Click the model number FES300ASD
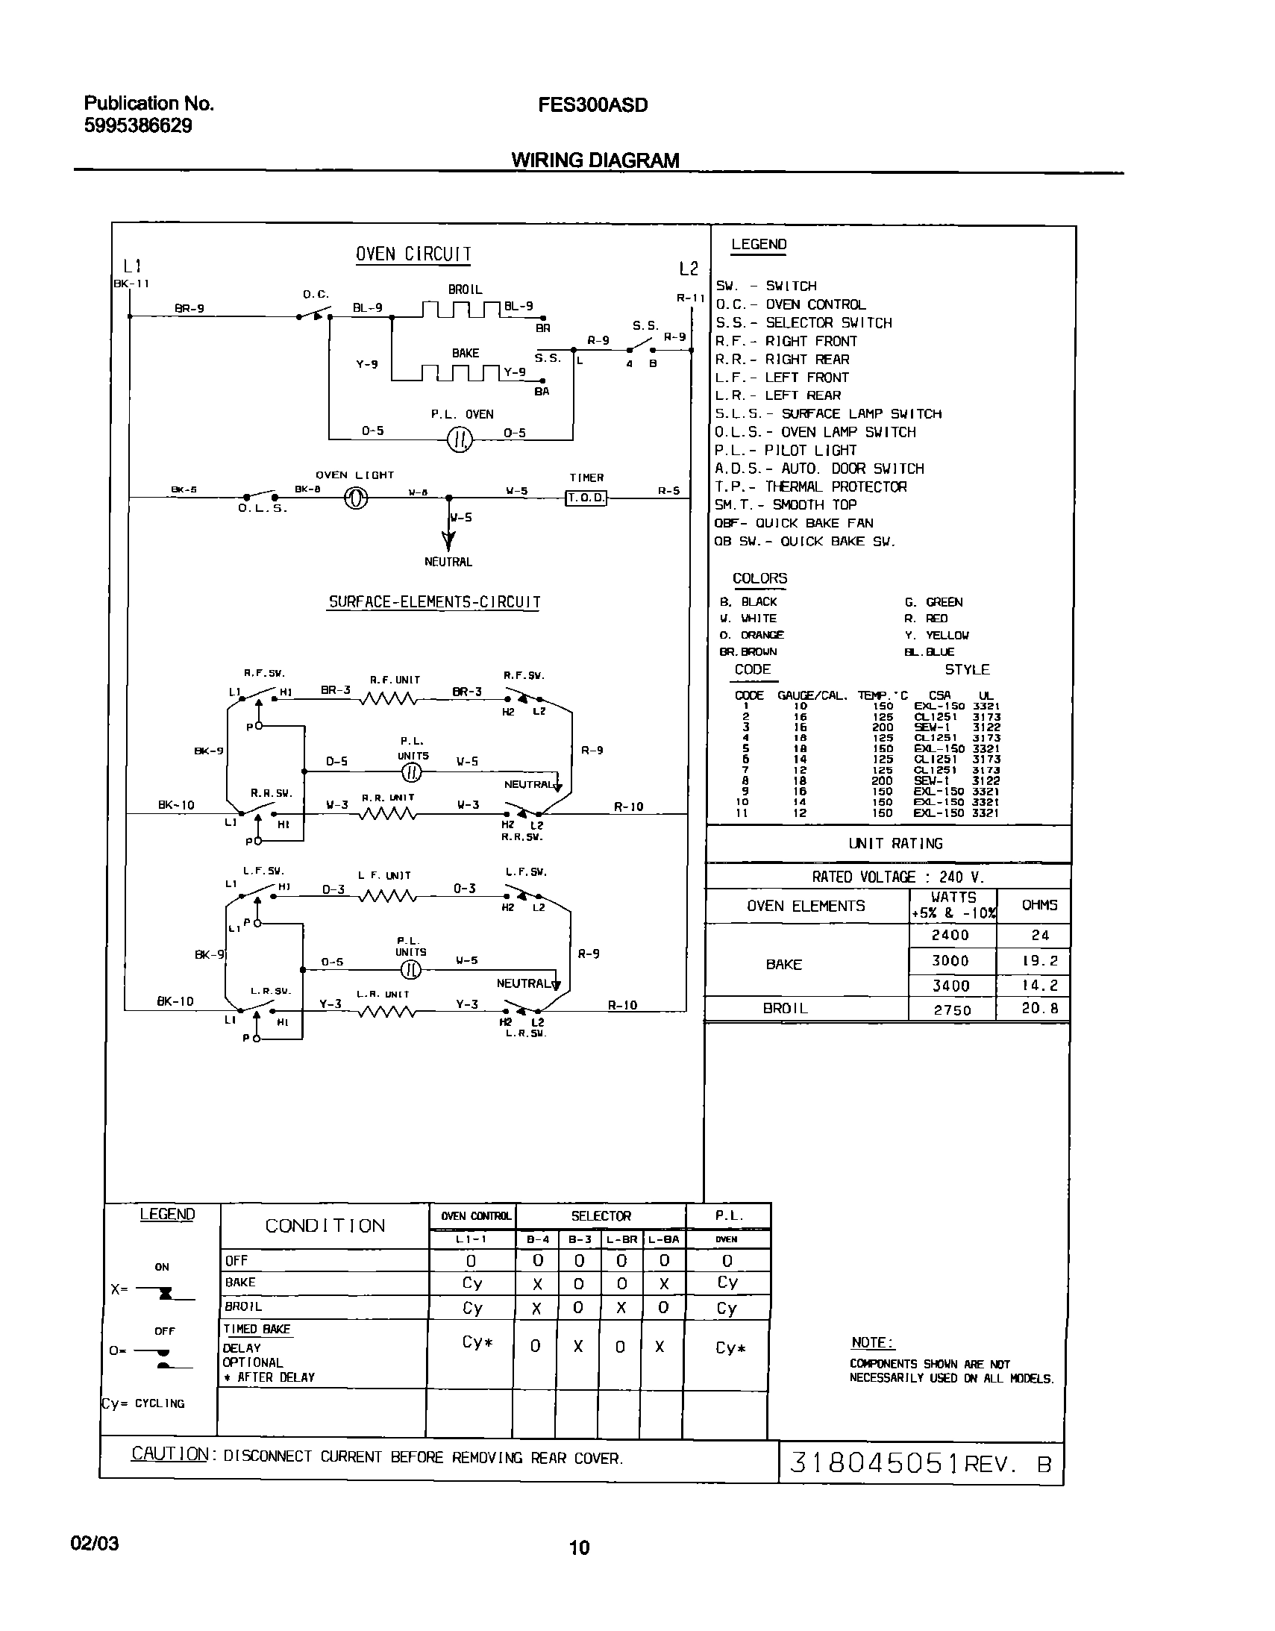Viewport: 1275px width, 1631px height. [592, 105]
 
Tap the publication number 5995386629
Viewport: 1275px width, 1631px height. [137, 125]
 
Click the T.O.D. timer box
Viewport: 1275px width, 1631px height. [586, 498]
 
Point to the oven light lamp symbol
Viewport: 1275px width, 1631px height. [356, 498]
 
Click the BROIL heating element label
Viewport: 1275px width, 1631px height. [465, 289]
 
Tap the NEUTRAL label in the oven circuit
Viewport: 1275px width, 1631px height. [448, 562]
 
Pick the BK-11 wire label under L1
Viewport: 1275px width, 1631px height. [131, 284]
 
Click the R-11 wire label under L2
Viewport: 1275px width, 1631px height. [690, 298]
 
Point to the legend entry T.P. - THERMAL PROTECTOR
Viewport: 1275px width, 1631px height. [810, 487]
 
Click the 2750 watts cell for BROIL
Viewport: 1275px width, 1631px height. [951, 1010]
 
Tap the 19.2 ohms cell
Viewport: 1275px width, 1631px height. [1040, 961]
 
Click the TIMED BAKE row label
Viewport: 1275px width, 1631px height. [256, 1329]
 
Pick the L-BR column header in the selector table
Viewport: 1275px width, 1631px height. [621, 1239]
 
